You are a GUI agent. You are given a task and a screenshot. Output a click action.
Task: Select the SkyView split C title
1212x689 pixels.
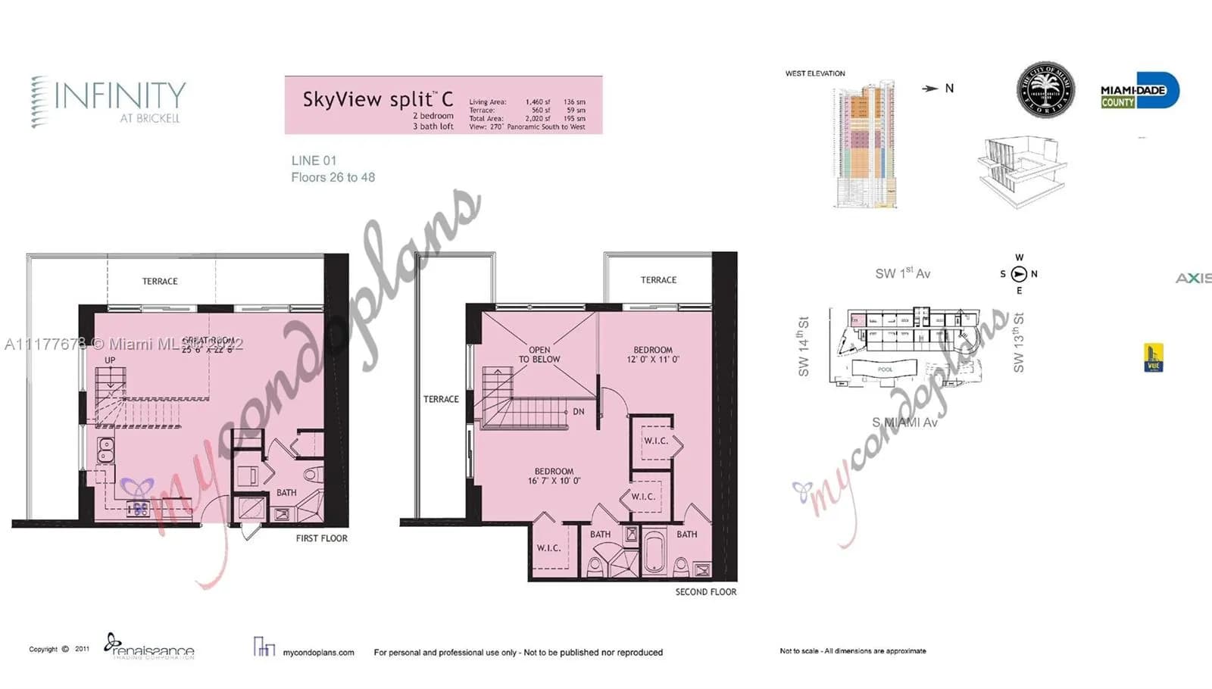coord(378,99)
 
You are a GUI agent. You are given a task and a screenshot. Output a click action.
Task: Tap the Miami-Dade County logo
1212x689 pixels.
coord(1139,92)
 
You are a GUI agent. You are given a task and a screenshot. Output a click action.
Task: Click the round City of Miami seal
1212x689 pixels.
coord(1045,89)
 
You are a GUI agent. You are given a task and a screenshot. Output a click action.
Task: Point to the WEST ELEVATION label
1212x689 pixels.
coord(815,73)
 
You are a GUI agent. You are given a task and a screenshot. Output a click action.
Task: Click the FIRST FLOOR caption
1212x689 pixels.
coord(321,538)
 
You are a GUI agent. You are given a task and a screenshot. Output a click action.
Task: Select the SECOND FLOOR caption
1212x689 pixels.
coord(705,592)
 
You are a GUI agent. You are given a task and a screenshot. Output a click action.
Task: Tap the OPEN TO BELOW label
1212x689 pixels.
coord(539,354)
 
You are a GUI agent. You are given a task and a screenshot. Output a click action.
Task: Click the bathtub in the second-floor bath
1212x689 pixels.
coord(653,553)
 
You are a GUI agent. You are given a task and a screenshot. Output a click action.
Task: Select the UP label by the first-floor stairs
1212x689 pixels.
coord(111,360)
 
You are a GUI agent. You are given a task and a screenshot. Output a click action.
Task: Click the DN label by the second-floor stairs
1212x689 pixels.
coord(579,412)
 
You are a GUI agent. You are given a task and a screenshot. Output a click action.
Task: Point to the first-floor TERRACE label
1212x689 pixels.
coord(160,281)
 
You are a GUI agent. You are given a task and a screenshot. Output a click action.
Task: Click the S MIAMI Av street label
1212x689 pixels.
coord(904,422)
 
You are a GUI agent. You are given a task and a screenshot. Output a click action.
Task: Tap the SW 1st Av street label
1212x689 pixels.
coord(902,273)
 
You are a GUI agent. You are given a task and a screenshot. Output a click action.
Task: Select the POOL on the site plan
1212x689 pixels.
coord(885,369)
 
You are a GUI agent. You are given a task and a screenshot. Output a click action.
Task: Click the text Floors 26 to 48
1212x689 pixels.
coord(333,177)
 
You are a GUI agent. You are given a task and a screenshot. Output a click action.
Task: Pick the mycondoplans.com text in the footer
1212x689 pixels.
coord(318,652)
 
